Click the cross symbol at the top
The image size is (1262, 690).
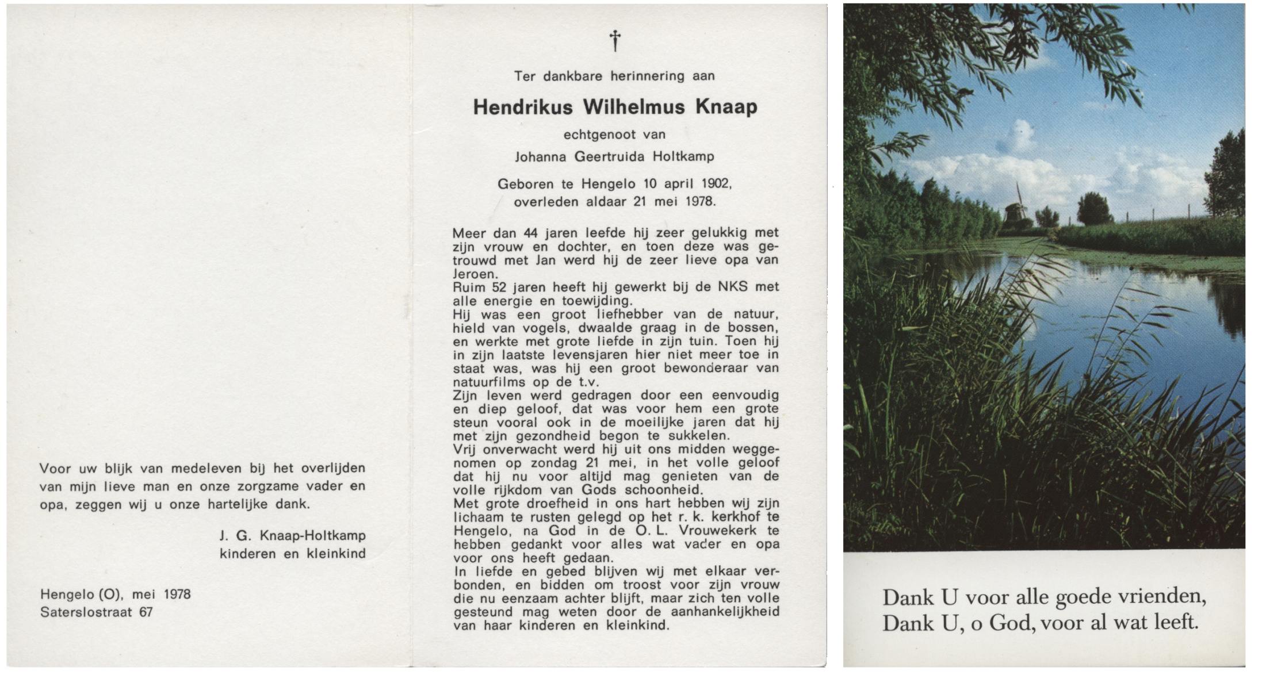(615, 40)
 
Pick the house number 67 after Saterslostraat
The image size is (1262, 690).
(146, 612)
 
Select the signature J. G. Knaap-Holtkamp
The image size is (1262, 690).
(292, 535)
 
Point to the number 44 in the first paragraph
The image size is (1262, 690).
(529, 233)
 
